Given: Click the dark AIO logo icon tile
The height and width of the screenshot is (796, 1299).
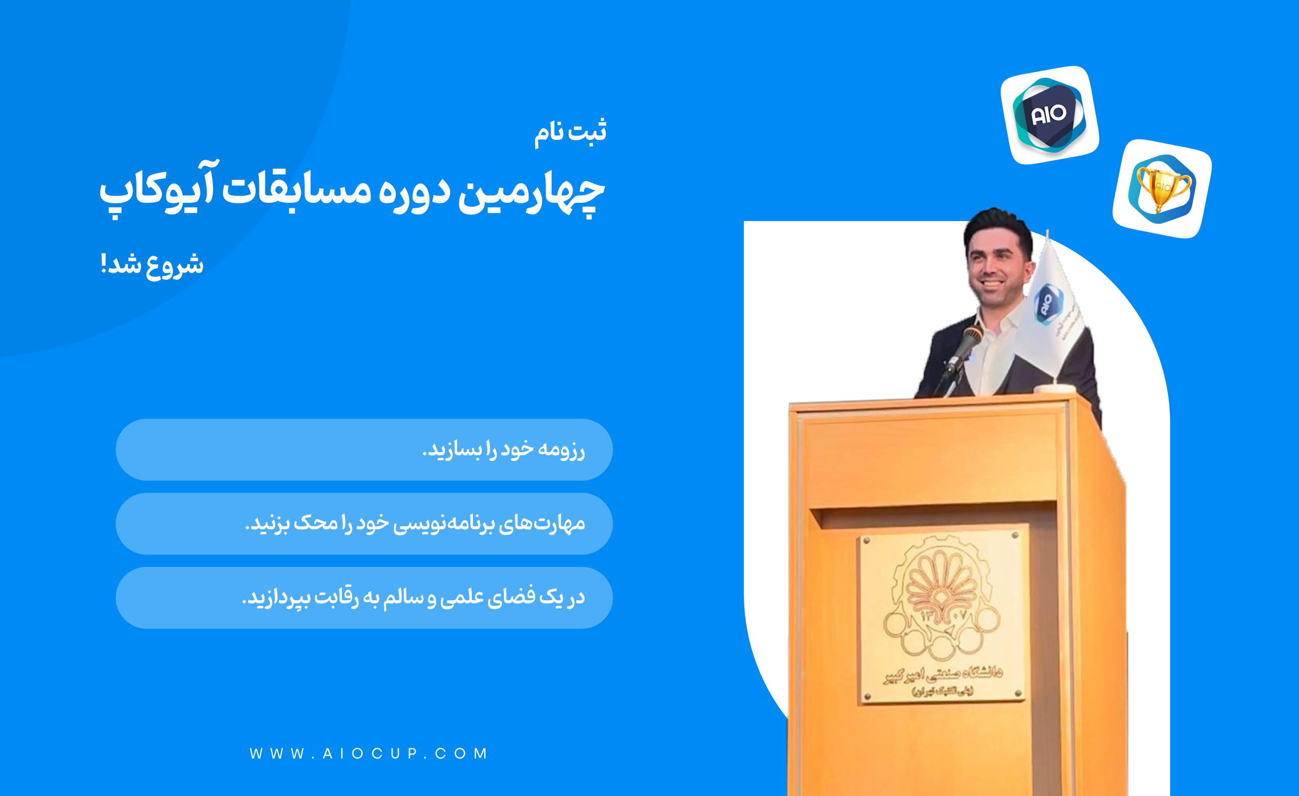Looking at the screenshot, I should pyautogui.click(x=1049, y=115).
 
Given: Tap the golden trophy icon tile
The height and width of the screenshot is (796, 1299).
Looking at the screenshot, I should pyautogui.click(x=1162, y=189).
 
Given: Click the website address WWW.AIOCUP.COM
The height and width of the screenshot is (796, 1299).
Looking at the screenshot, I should pyautogui.click(x=369, y=753).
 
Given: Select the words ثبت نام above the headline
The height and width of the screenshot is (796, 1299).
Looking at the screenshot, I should pyautogui.click(x=570, y=131).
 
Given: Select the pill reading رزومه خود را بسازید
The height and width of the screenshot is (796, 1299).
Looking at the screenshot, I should pyautogui.click(x=364, y=449).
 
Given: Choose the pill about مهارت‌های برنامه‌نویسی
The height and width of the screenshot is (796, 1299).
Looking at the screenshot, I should pyautogui.click(x=364, y=524).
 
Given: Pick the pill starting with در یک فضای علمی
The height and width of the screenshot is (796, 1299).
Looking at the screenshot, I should pyautogui.click(x=364, y=597).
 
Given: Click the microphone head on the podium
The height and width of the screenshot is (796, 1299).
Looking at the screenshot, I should pyautogui.click(x=973, y=335).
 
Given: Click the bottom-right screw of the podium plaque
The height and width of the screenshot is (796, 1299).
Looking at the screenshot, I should pyautogui.click(x=1018, y=693).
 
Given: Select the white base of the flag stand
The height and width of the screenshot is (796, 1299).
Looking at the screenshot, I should pyautogui.click(x=1054, y=389).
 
